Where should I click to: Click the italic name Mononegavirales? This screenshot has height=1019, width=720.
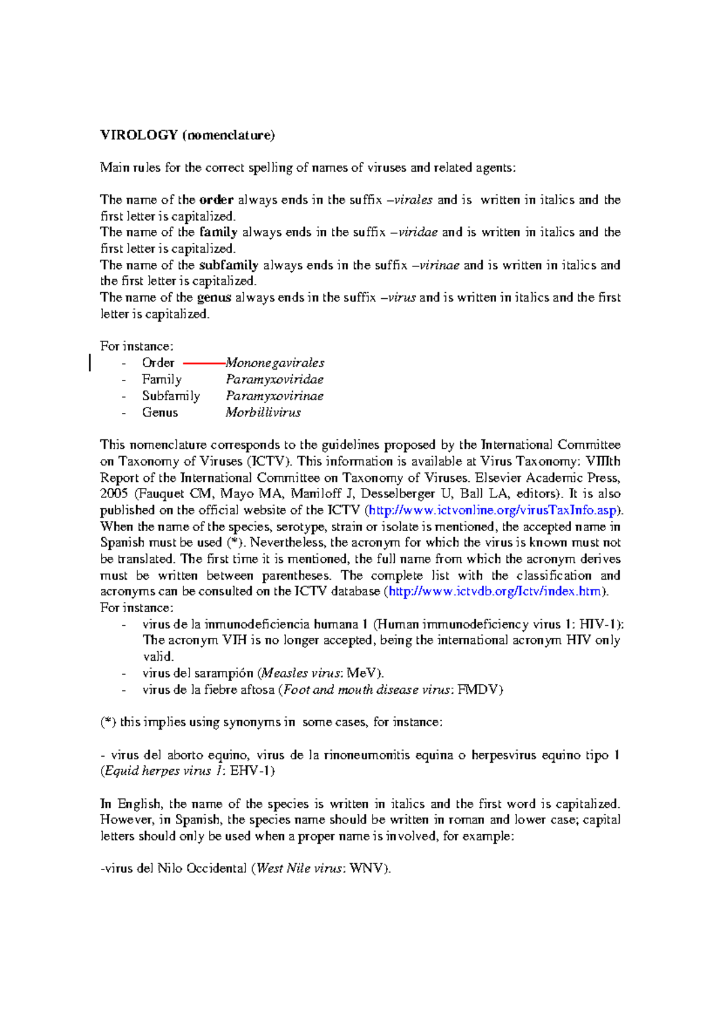tap(275, 363)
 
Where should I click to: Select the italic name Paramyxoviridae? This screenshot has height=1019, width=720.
tap(274, 379)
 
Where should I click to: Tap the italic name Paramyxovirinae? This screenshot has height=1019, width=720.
tap(274, 396)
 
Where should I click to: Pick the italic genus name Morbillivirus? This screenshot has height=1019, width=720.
tap(263, 413)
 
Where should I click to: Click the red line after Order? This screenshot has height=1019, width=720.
tap(203, 364)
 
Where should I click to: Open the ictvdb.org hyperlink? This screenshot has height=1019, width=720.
tap(496, 592)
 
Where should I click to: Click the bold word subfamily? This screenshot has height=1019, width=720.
tap(229, 265)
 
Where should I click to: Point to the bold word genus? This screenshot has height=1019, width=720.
tap(214, 298)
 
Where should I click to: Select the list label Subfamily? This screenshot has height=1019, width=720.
tap(171, 396)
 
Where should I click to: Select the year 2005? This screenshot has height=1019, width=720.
tap(114, 494)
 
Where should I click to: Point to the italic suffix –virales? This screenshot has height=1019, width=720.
tap(410, 200)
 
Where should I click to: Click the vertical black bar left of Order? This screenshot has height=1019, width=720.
tap(90, 363)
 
